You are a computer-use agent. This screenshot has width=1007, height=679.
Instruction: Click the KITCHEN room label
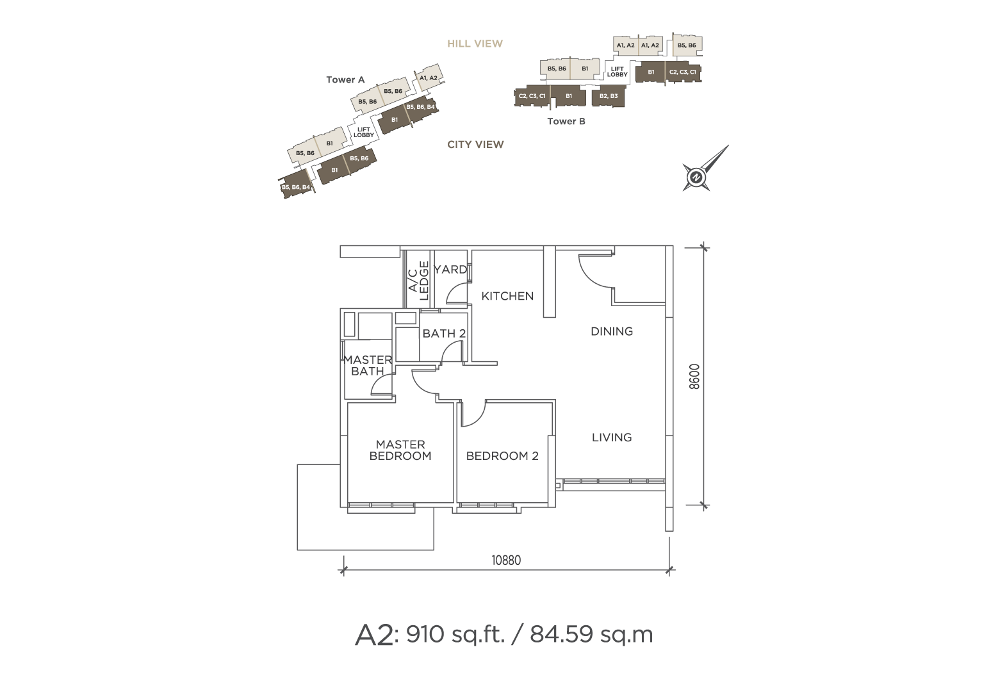click(x=507, y=296)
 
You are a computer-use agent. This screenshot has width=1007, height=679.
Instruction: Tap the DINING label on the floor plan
click(x=611, y=331)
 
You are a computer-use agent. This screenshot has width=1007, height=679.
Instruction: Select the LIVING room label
click(x=611, y=437)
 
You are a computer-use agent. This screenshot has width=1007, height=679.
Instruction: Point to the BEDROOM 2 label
click(x=502, y=456)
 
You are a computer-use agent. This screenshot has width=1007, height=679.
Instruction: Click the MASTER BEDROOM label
click(x=400, y=450)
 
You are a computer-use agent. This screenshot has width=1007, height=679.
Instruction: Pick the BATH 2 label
click(x=444, y=334)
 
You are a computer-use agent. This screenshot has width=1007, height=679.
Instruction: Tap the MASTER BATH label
click(x=368, y=366)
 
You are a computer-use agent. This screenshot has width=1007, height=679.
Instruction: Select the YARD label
click(x=450, y=269)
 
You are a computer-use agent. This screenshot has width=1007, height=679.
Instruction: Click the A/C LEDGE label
click(x=418, y=281)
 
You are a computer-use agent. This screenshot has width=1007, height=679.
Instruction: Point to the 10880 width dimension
click(x=506, y=560)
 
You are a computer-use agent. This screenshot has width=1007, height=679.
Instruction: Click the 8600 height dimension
click(x=694, y=377)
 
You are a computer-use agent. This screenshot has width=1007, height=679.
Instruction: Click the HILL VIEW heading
click(x=475, y=44)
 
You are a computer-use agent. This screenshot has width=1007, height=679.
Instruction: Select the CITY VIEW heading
click(x=475, y=144)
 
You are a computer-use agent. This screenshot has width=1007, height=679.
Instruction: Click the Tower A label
click(x=345, y=79)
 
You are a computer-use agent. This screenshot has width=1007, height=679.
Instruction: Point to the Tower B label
click(x=566, y=121)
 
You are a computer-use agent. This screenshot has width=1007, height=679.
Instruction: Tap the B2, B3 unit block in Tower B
click(x=609, y=96)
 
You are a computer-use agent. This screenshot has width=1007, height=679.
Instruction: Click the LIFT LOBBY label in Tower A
click(x=364, y=132)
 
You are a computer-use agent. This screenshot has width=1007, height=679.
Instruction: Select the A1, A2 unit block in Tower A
click(x=429, y=76)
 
